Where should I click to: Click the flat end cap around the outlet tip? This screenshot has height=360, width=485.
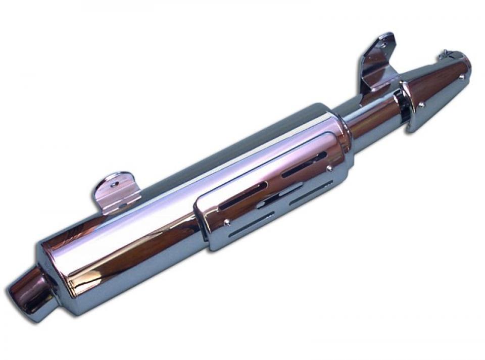[48, 278]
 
